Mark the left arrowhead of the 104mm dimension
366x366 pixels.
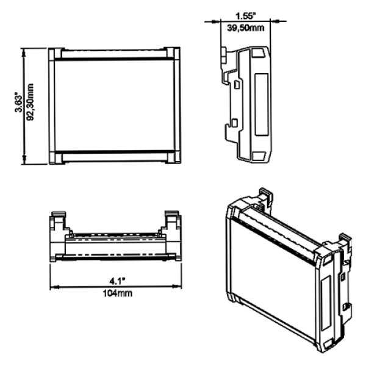pos(52,287)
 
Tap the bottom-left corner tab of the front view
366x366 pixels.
pos(55,157)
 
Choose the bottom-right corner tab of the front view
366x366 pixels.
pos(173,157)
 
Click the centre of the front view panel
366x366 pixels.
pos(114,105)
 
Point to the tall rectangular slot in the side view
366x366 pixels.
pos(260,104)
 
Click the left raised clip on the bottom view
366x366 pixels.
pos(57,221)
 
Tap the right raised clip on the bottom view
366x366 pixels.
pos(172,221)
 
